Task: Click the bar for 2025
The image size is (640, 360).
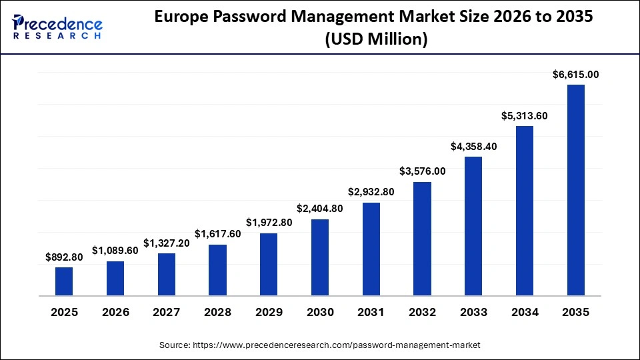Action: click(64, 281)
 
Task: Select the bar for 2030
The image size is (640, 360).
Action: click(320, 257)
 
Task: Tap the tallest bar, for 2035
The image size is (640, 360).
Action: click(575, 189)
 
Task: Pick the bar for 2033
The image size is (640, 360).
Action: click(473, 225)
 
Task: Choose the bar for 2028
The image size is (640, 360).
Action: click(217, 269)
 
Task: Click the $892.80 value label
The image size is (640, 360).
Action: click(64, 257)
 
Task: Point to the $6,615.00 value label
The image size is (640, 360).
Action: click(575, 75)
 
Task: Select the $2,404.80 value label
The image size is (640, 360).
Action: click(320, 209)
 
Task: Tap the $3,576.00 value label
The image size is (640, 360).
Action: click(422, 171)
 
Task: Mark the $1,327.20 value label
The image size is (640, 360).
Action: click(166, 243)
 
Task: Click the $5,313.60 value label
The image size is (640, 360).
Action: click(524, 116)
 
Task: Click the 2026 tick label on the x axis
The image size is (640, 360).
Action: click(115, 312)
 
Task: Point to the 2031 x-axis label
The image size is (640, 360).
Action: click(371, 312)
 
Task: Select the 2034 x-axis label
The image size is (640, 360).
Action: click(524, 312)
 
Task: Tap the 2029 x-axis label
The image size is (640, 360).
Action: click(269, 312)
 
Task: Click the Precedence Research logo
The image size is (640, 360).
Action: click(57, 27)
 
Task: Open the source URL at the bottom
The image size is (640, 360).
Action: click(320, 345)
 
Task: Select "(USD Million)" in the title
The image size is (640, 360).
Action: click(375, 39)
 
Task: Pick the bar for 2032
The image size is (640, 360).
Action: click(422, 238)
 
